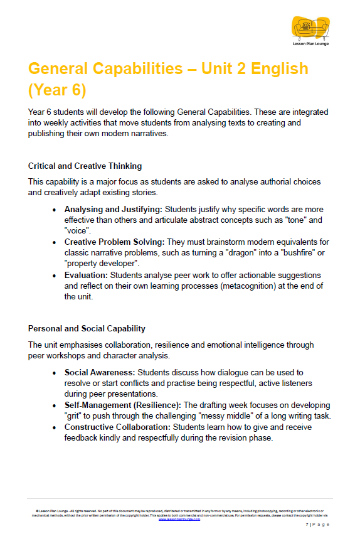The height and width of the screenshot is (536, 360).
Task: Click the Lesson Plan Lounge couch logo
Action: pos(310,28)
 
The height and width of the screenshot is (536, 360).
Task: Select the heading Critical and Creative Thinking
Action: pos(85,166)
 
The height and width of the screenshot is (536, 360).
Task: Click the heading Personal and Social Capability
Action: pos(87,328)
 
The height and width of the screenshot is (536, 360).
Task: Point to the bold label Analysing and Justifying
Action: pos(111,209)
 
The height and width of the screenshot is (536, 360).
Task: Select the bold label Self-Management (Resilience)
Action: pos(122,405)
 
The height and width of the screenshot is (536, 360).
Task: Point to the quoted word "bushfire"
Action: pos(300,253)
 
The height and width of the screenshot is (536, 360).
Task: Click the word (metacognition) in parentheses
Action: pos(241,286)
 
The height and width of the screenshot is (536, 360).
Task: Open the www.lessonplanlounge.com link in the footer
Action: pos(179,519)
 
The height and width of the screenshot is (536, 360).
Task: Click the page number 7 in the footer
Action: pos(307,524)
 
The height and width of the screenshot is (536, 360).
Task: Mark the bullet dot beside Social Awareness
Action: pos(55,373)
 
